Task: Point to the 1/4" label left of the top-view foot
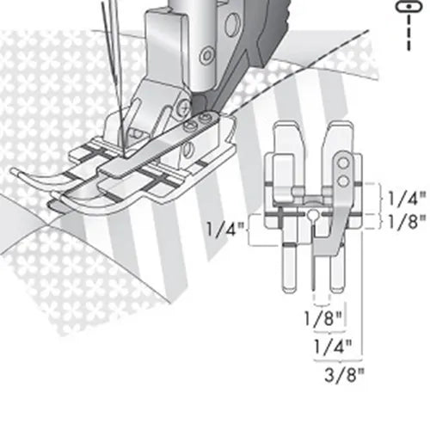coord(224,230)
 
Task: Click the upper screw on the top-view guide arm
coord(342,162)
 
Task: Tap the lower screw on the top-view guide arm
coord(342,179)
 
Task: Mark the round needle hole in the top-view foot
coord(316,213)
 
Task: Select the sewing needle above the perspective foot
coord(110,52)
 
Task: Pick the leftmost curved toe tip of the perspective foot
coord(17,169)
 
